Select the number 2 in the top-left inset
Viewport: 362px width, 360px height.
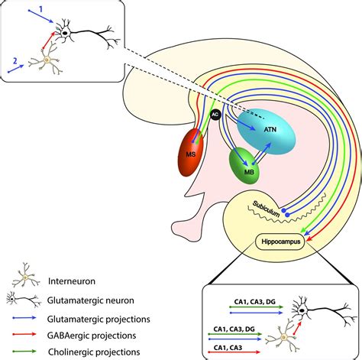pos(15,57)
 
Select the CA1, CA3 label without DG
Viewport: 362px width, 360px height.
pos(226,343)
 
